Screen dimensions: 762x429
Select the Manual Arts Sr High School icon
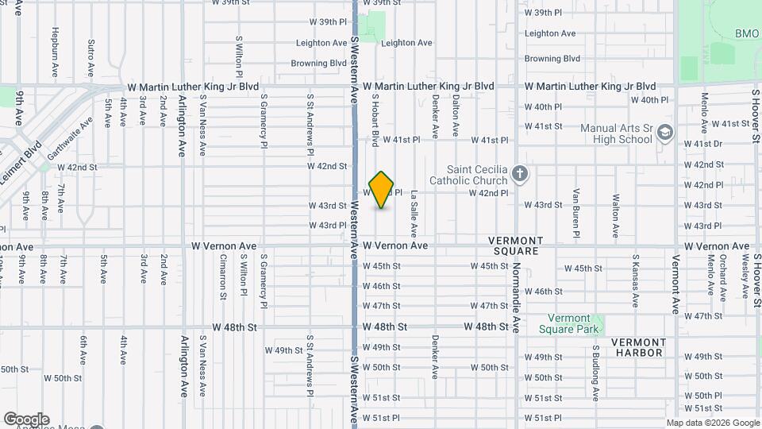coord(665,133)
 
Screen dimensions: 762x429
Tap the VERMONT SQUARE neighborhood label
coord(514,245)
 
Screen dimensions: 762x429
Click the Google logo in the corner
coord(26,419)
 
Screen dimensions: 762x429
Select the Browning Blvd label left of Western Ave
coord(319,64)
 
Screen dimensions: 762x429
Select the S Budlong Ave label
coord(595,372)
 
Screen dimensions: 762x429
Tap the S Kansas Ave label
coord(635,280)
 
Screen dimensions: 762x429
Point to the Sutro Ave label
coord(91,53)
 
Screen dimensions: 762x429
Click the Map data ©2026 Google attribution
coord(713,423)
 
